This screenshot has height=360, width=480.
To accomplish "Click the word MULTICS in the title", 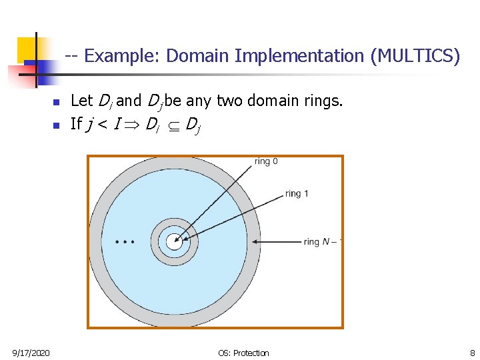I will [x=415, y=57].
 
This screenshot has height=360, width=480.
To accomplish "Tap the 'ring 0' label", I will [x=266, y=162].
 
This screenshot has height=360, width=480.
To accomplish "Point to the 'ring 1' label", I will [x=297, y=194].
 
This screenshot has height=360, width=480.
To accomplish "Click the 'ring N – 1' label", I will [x=323, y=242].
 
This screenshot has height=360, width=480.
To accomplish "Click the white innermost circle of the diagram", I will [x=174, y=242].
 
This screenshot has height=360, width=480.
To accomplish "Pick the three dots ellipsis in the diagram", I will [x=125, y=241].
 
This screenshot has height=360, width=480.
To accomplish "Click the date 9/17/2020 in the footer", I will [x=31, y=353].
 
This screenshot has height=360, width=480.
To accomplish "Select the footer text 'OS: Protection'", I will [x=243, y=353].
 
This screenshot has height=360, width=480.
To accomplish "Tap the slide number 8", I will [x=471, y=353].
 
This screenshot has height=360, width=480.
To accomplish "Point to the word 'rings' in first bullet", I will [x=323, y=101].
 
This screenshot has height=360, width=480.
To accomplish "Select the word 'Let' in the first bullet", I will [x=81, y=101].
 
